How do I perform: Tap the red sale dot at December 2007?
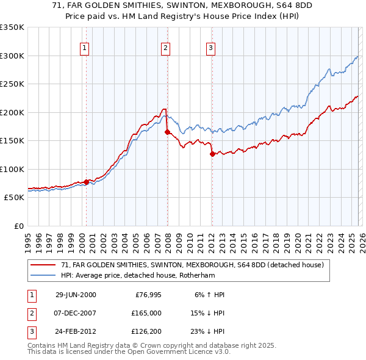click(x=167, y=132)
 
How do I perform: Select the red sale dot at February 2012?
click(x=212, y=154)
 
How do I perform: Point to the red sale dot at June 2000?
click(x=87, y=182)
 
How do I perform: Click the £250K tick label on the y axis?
click(x=12, y=84)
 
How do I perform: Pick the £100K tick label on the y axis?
click(x=12, y=169)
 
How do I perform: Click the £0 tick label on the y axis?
click(x=18, y=226)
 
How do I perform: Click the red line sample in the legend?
click(x=43, y=265)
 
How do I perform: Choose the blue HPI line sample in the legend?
click(x=43, y=275)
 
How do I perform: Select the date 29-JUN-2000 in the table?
click(x=76, y=295)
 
